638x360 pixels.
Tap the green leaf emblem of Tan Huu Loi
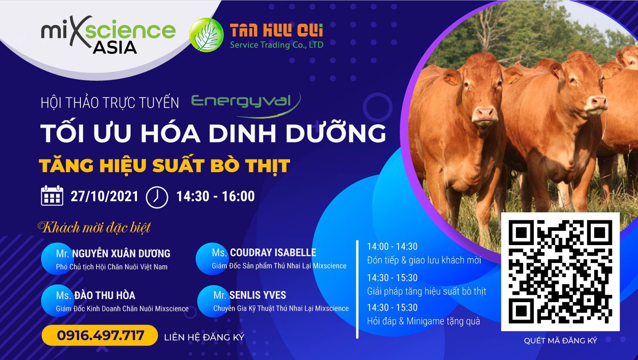[206, 35]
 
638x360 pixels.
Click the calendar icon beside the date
[52, 196]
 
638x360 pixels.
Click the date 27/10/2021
[105, 197]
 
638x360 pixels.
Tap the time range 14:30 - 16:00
[216, 197]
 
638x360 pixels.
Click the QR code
[560, 271]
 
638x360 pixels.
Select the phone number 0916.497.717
[100, 335]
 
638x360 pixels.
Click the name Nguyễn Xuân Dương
[121, 254]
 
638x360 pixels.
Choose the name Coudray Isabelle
[273, 252]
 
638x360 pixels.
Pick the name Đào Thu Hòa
[105, 295]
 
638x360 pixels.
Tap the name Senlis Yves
[257, 295]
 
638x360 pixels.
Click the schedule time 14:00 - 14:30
[392, 246]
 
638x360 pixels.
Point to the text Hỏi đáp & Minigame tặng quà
[424, 322]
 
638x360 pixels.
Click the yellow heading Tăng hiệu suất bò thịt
[164, 166]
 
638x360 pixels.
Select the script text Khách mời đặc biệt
[94, 228]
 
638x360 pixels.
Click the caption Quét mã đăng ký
[560, 340]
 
